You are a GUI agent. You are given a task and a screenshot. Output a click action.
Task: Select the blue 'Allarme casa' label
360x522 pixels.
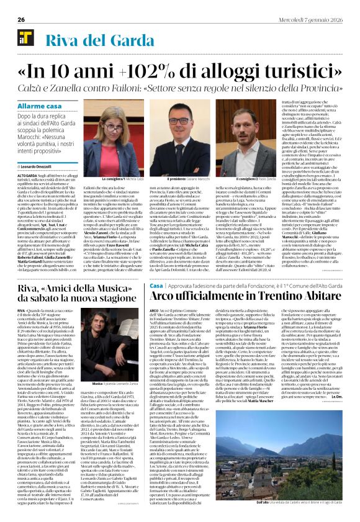coord(40,107)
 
